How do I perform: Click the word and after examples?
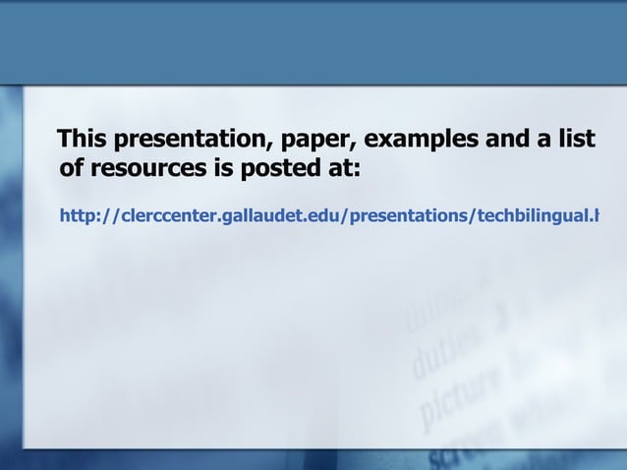(492, 140)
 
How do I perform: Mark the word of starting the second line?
(72, 170)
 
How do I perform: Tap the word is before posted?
(223, 170)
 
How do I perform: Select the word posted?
(278, 170)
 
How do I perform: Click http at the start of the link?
(80, 215)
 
